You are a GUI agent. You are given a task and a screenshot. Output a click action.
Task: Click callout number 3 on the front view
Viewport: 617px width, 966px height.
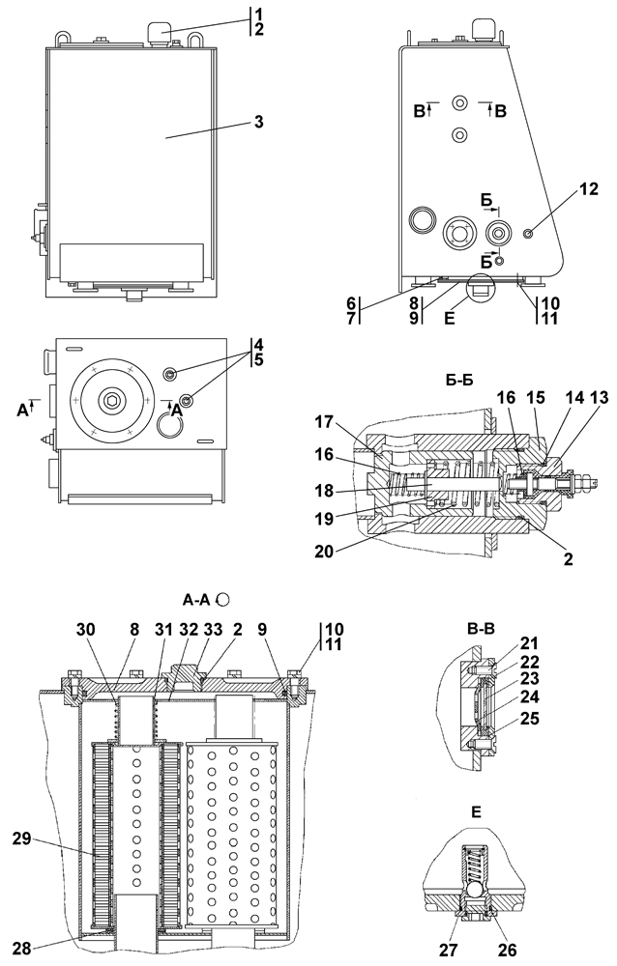[x=259, y=122]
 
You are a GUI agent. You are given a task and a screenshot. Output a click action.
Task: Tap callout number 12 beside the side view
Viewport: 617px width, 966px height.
[x=589, y=189]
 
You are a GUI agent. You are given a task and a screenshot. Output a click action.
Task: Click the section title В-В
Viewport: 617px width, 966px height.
[x=481, y=629]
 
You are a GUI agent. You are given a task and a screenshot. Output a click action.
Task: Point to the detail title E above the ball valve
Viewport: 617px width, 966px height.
[x=475, y=812]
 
